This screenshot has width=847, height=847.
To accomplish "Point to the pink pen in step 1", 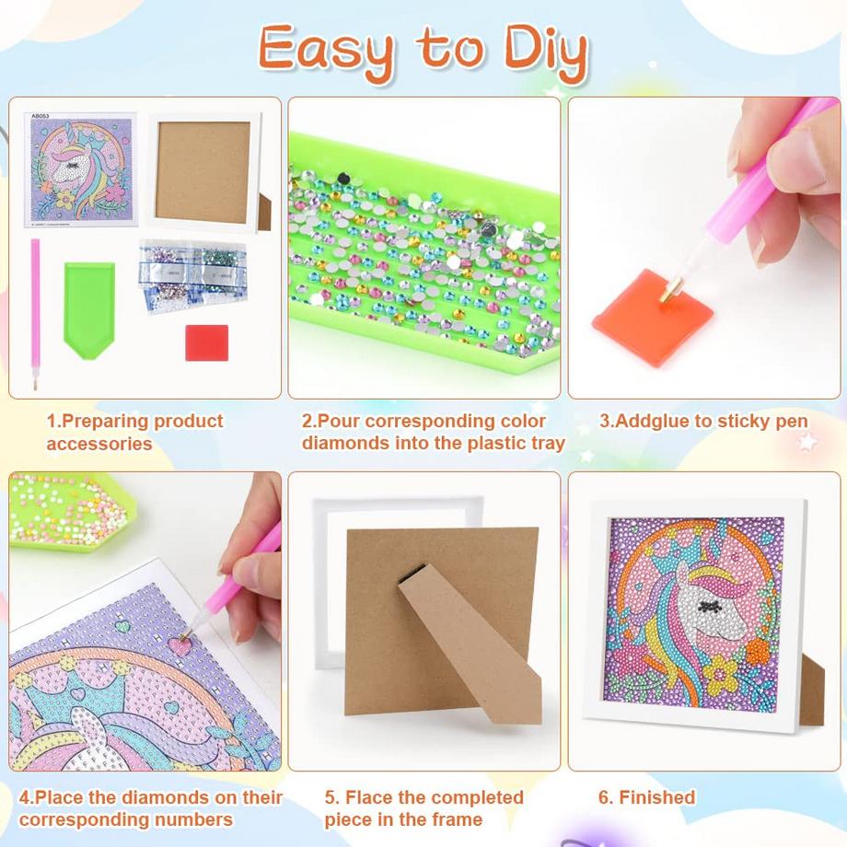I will click(36, 313).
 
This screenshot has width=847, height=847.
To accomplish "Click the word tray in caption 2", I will click(541, 443).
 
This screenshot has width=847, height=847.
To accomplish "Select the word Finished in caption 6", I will click(656, 797).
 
